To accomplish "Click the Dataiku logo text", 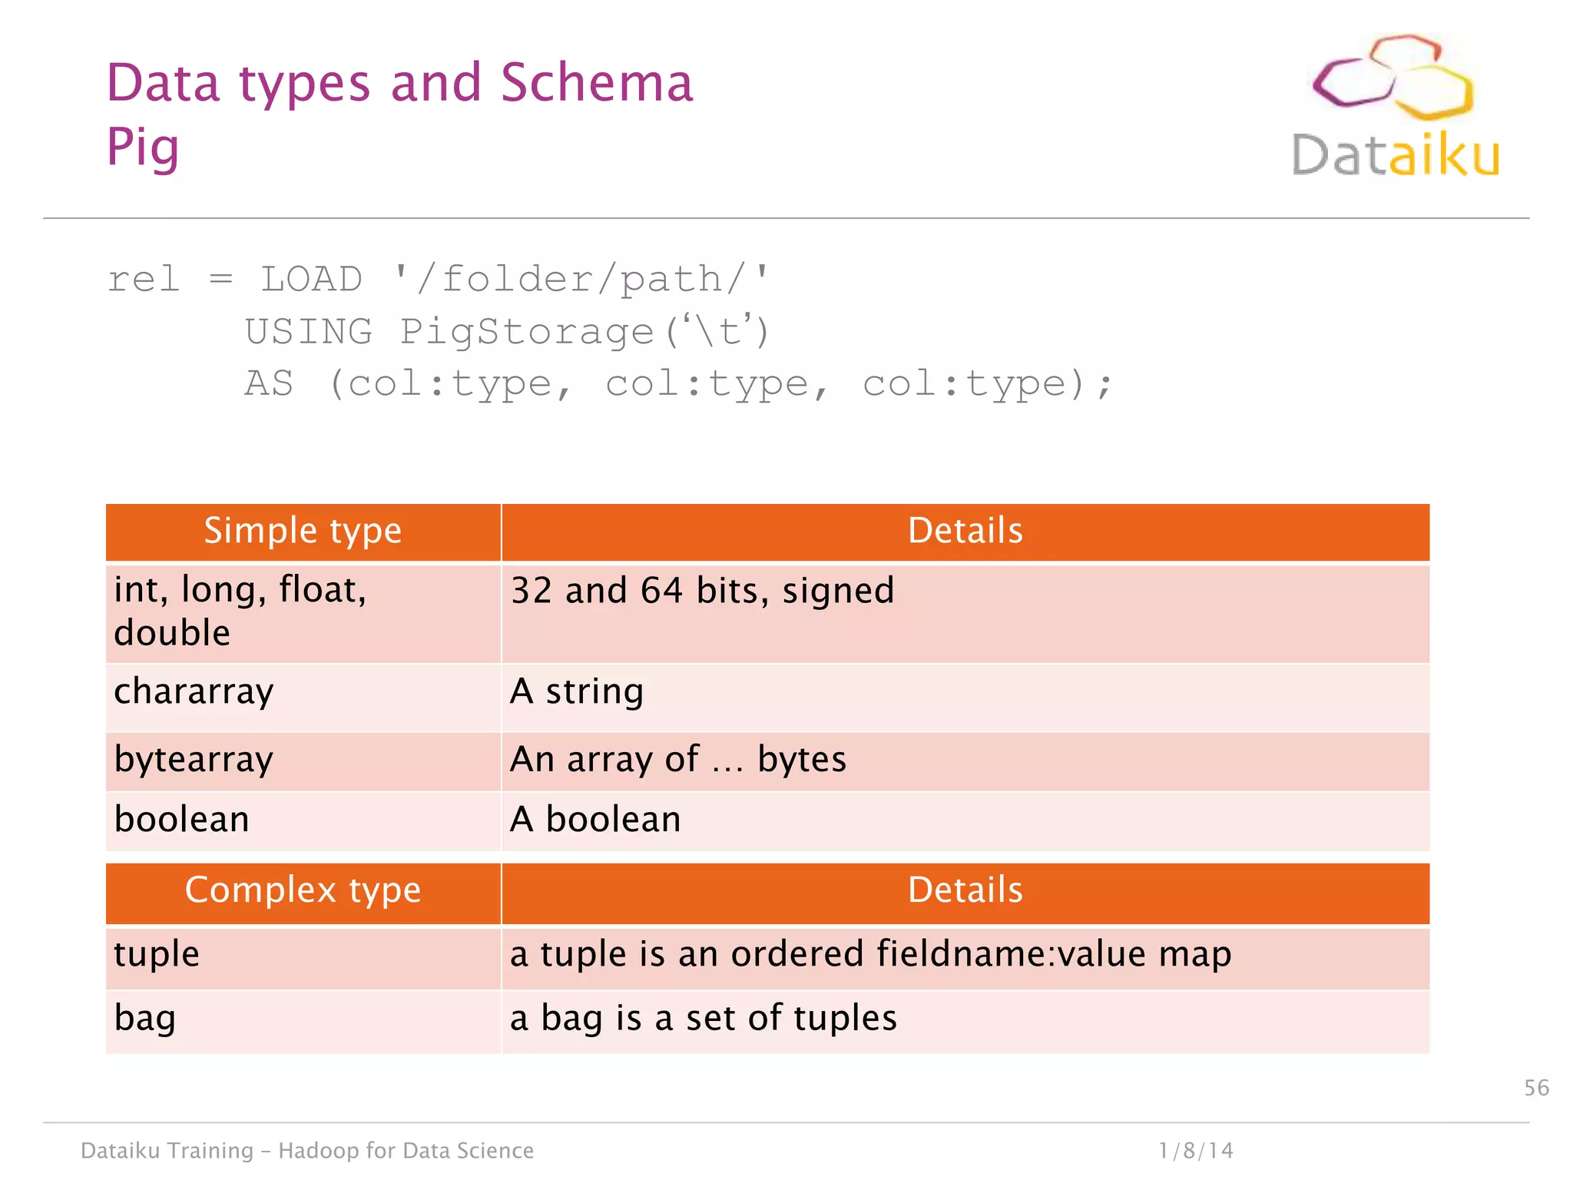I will click(x=1395, y=156).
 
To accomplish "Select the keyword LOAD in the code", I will click(x=311, y=279).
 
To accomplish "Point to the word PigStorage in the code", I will click(x=527, y=332).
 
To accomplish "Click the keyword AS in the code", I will click(x=269, y=383).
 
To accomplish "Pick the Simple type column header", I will click(x=303, y=531).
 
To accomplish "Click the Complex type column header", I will click(x=303, y=890).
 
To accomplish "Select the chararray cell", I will click(x=194, y=691).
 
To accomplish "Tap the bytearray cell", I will click(x=194, y=760).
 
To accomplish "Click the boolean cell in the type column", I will click(x=182, y=820).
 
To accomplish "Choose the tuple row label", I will click(x=157, y=954).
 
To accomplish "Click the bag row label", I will click(x=145, y=1019).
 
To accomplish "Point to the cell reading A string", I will click(x=577, y=691).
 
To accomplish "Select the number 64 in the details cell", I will click(x=661, y=591).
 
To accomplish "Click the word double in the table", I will click(x=172, y=633).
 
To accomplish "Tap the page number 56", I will click(x=1536, y=1088).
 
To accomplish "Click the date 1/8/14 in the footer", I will click(x=1195, y=1150).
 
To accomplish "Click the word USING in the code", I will click(x=309, y=332).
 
